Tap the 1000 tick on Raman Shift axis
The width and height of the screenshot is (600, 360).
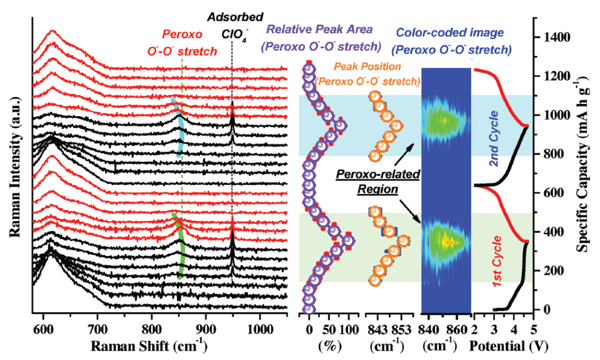tap(259, 329)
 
